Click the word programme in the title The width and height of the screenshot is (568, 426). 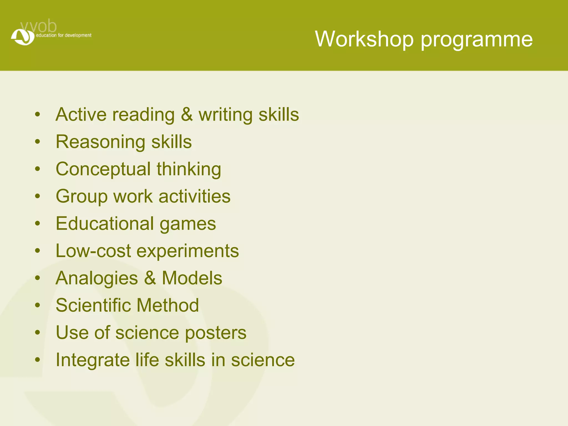[x=477, y=40]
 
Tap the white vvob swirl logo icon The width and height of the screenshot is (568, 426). [x=23, y=37]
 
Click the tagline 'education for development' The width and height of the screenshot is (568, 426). [x=64, y=35]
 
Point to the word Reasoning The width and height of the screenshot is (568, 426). [x=100, y=142]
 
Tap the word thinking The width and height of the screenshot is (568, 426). [x=189, y=169]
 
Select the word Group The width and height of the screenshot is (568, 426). [x=82, y=197]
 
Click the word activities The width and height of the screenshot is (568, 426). [x=194, y=196]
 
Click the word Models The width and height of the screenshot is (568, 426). [x=192, y=278]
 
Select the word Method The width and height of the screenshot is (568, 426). [x=168, y=305]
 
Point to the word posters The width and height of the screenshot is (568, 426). [x=215, y=333]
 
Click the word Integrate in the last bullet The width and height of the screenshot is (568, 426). [x=93, y=360]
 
